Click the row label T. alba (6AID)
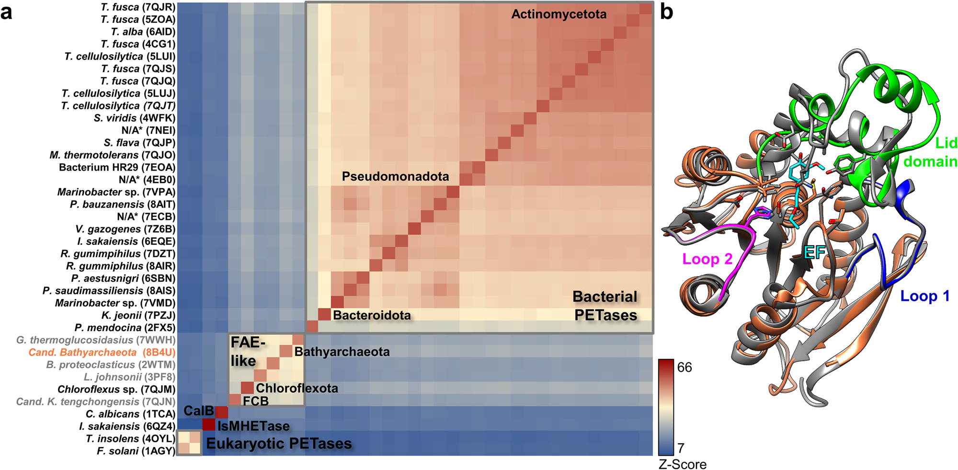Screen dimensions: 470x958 143,32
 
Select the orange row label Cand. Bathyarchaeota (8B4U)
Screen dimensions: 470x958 102,353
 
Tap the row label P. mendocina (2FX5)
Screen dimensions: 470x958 125,328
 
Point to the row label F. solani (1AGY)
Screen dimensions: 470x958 136,451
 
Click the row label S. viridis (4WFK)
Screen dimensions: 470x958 134,118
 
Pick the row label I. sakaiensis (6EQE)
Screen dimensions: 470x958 126,241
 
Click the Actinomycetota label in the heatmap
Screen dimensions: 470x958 559,14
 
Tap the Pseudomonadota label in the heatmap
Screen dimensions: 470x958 395,176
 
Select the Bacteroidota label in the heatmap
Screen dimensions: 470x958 372,315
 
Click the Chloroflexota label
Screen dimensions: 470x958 297,388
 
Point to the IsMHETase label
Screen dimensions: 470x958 253,426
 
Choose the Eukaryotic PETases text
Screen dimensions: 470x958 279,444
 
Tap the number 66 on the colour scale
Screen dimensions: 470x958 684,367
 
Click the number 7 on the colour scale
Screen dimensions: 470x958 681,448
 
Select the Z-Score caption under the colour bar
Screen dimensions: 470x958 682,464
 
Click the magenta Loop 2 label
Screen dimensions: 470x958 707,259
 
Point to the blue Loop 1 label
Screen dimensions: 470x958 924,296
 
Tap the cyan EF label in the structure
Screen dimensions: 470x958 814,252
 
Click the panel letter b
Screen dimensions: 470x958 666,12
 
